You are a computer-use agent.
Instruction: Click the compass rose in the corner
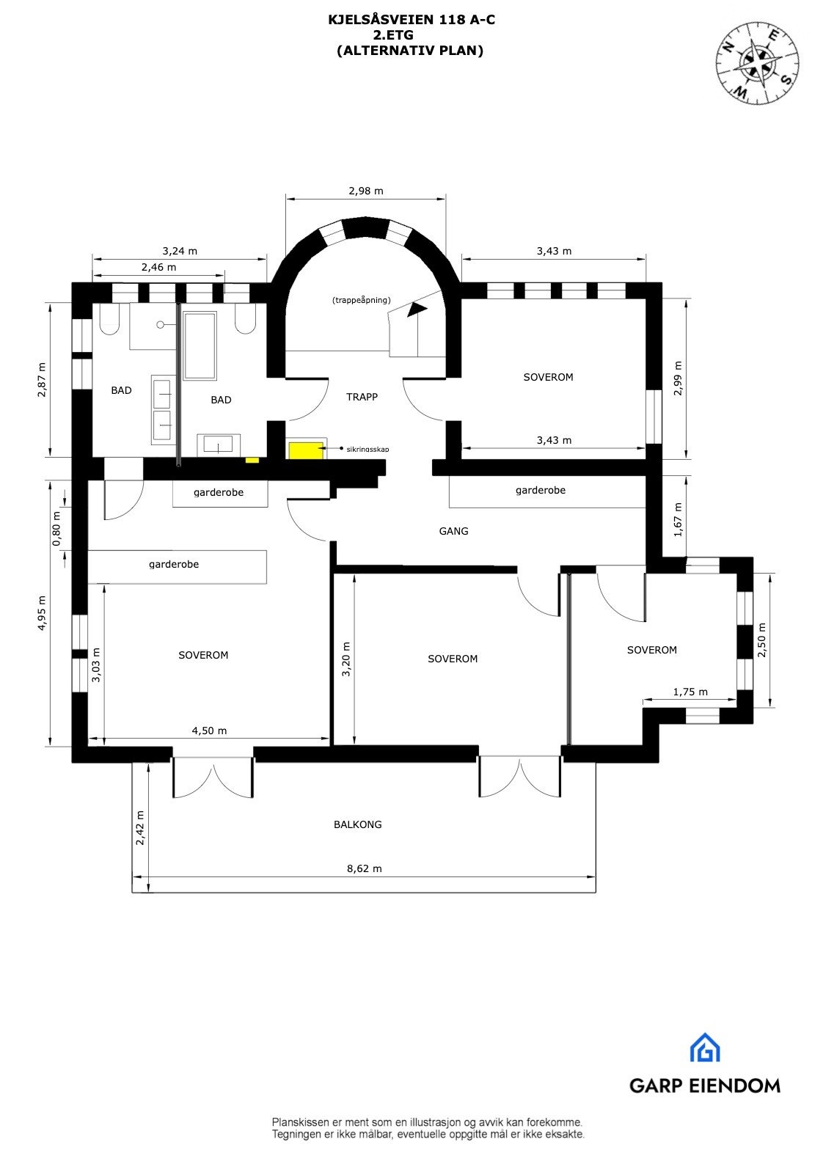click(x=758, y=63)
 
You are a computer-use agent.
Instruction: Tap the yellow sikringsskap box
click(x=303, y=450)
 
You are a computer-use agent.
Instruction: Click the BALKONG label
click(x=358, y=824)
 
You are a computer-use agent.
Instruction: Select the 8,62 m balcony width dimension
click(x=365, y=868)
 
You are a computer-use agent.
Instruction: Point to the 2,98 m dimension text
click(x=366, y=191)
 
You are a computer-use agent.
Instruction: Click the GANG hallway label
click(x=453, y=531)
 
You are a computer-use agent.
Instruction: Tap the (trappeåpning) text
click(x=361, y=300)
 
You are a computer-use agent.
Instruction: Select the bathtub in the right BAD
click(x=200, y=345)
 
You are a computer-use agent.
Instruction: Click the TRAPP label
click(x=362, y=397)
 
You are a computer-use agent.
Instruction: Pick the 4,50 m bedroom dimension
click(x=209, y=731)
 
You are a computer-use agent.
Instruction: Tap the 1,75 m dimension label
click(x=690, y=692)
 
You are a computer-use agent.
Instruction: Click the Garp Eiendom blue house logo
click(x=704, y=1048)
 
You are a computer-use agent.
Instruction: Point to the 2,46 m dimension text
click(x=159, y=267)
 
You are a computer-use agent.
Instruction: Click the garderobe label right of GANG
click(x=541, y=490)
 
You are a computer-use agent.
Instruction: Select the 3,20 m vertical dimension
click(x=346, y=659)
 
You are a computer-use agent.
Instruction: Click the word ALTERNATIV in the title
click(x=384, y=51)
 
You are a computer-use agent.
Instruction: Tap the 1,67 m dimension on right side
click(x=678, y=519)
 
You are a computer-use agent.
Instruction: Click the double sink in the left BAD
click(x=161, y=410)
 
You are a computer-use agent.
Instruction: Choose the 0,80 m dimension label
click(x=56, y=528)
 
